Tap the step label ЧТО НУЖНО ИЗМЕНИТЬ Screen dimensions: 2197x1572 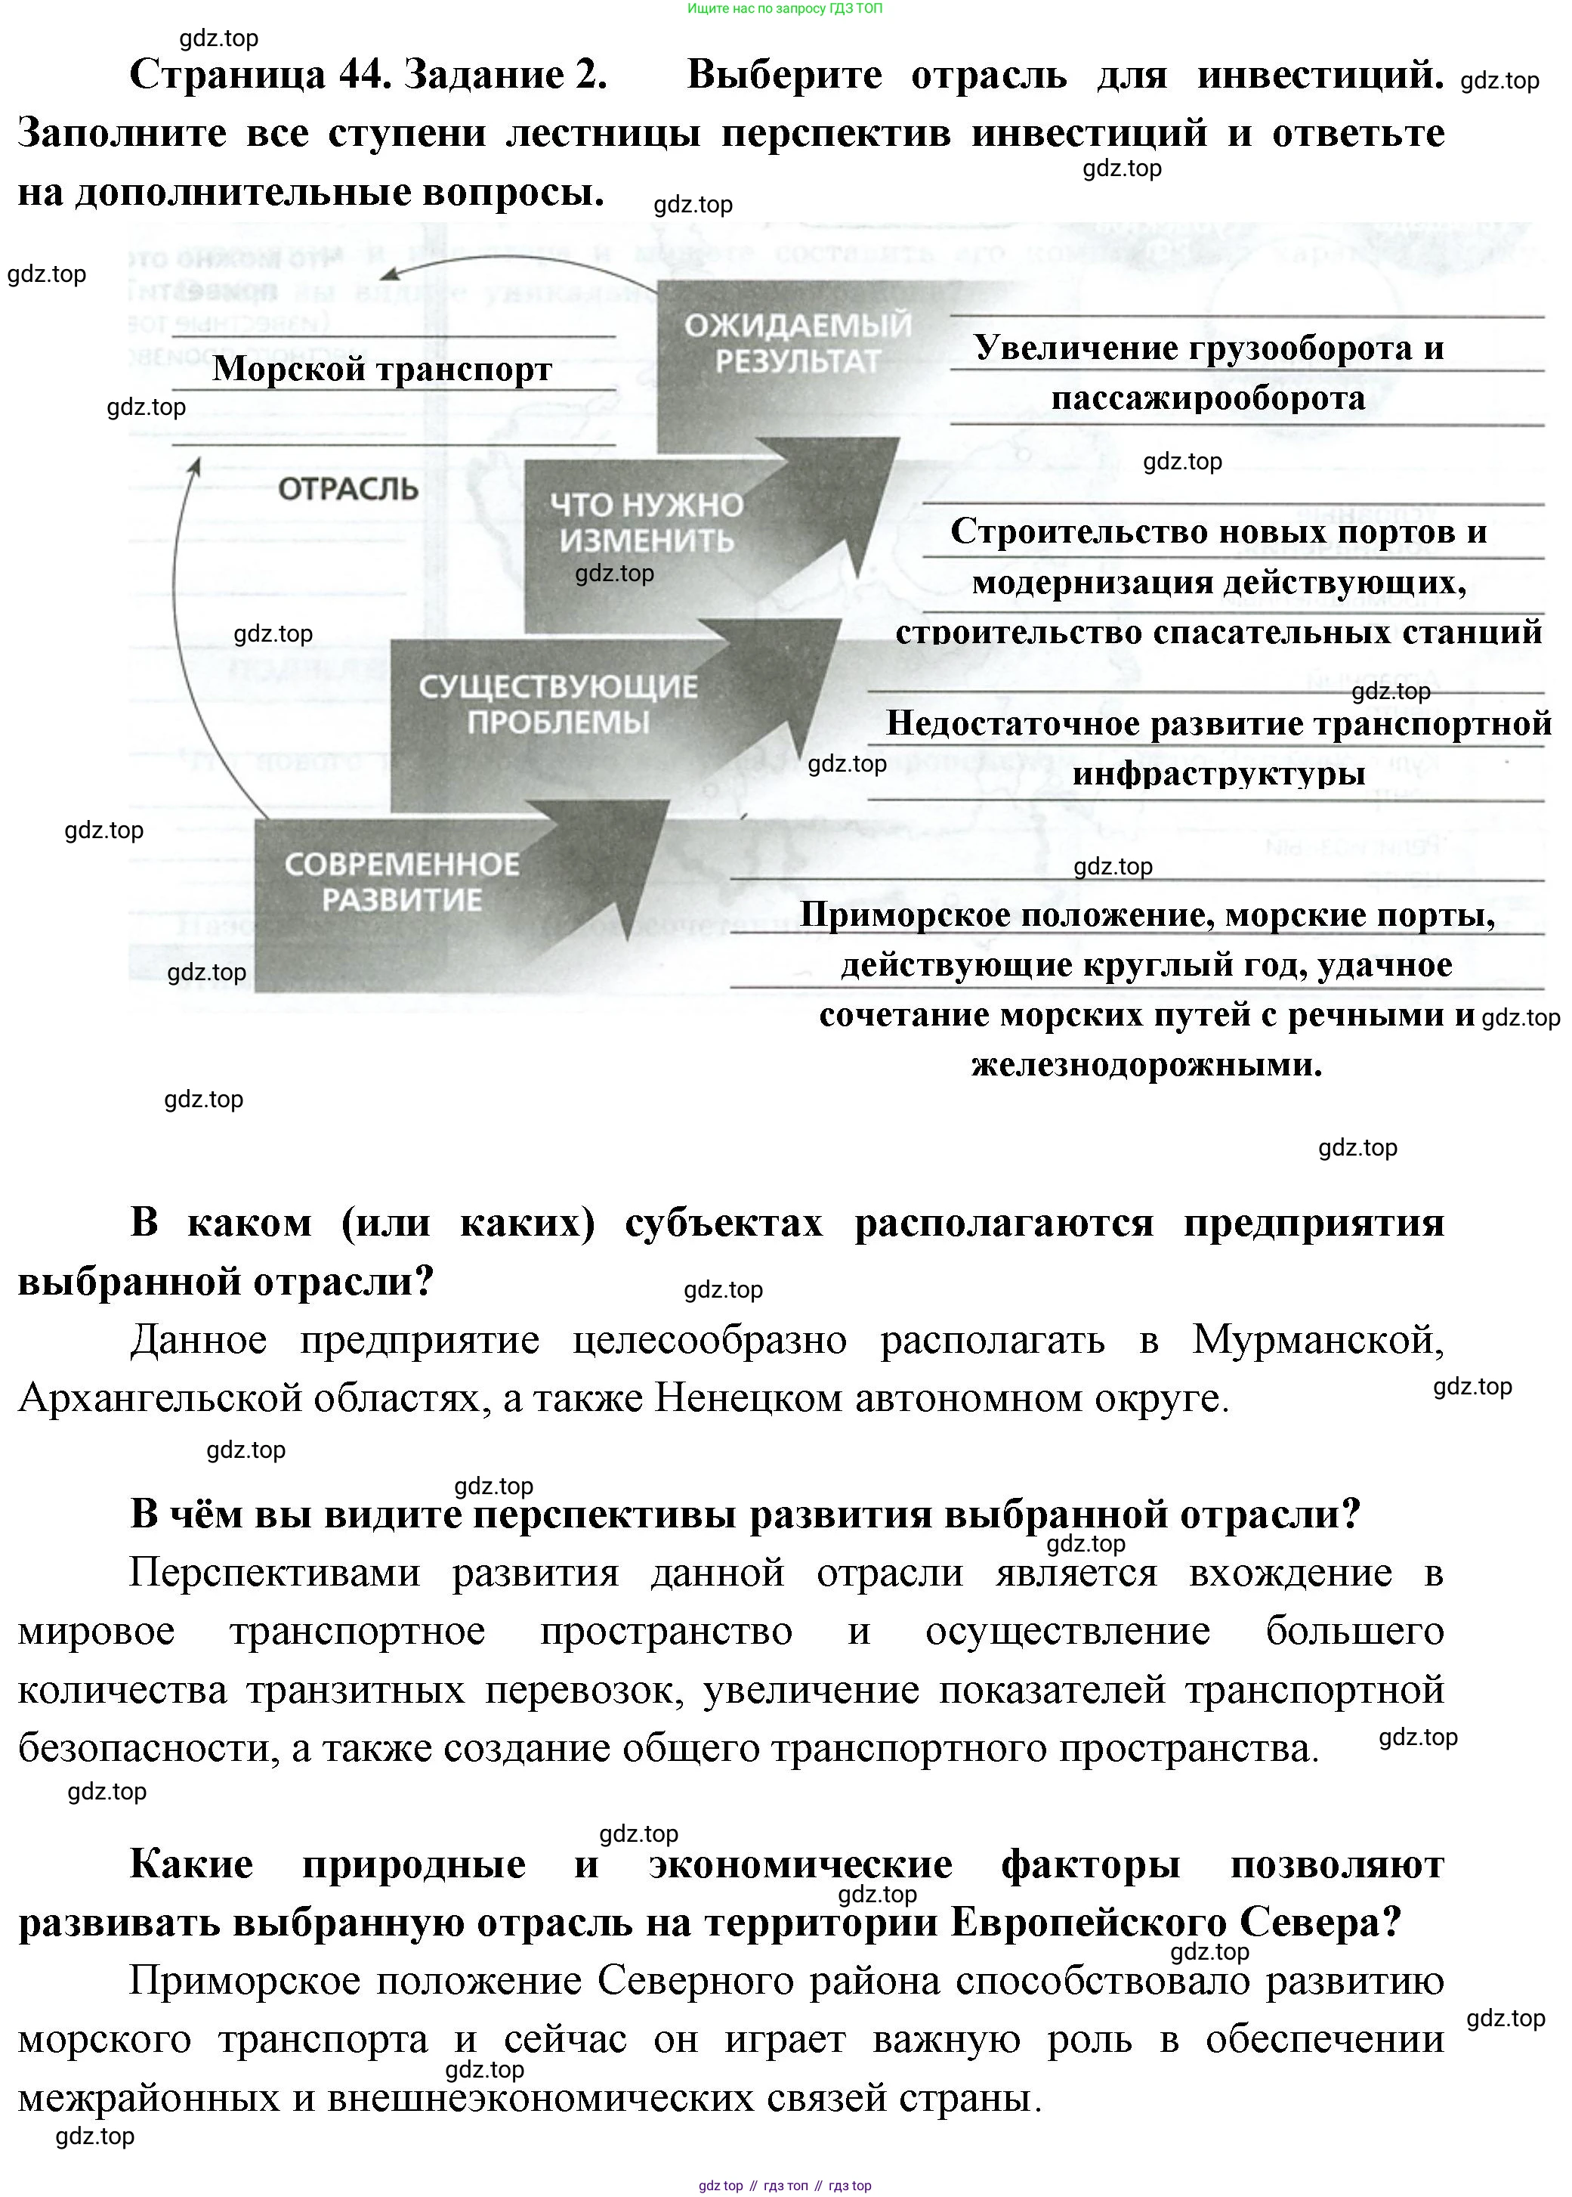(647, 522)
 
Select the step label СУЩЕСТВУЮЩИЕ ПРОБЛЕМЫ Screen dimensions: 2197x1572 (557, 704)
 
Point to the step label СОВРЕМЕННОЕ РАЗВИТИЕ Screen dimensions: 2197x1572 (402, 881)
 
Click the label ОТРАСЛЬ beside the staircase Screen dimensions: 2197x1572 (347, 489)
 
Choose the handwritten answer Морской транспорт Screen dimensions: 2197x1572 (382, 369)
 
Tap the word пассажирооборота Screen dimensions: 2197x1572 (1208, 398)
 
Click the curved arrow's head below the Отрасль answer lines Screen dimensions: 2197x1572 (196, 467)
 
